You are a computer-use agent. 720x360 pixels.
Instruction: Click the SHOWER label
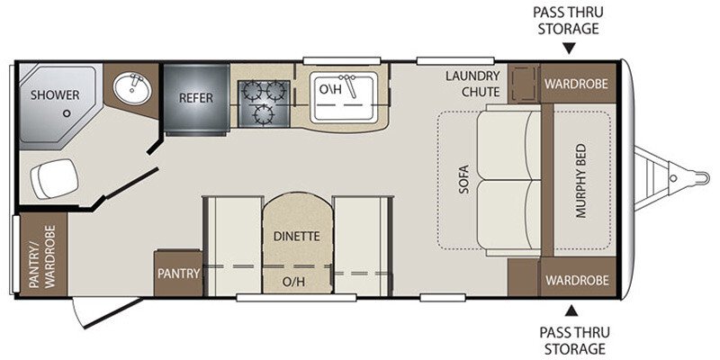(55, 95)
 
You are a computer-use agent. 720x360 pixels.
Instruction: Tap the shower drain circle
(67, 113)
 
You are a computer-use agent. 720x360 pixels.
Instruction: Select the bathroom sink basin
(132, 88)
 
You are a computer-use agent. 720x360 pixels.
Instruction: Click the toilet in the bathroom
(54, 178)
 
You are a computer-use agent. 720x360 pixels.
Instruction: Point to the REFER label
(196, 98)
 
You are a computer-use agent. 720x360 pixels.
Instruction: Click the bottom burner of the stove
(264, 114)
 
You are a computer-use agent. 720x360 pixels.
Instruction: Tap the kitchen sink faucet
(349, 85)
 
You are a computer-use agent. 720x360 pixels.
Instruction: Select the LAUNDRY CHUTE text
(473, 84)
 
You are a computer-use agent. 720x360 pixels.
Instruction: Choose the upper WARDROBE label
(576, 84)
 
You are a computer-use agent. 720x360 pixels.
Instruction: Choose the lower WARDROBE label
(577, 280)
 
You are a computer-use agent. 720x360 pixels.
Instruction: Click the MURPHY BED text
(581, 181)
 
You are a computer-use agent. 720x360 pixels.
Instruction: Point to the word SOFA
(463, 179)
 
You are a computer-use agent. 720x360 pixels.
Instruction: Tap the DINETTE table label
(296, 237)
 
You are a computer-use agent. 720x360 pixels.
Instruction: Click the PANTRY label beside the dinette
(178, 274)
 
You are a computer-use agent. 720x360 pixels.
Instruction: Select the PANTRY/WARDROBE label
(42, 256)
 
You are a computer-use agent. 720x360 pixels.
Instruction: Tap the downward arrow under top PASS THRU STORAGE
(569, 49)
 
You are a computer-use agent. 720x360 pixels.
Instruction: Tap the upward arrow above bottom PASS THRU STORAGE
(571, 310)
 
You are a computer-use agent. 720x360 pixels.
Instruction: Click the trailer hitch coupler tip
(706, 177)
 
